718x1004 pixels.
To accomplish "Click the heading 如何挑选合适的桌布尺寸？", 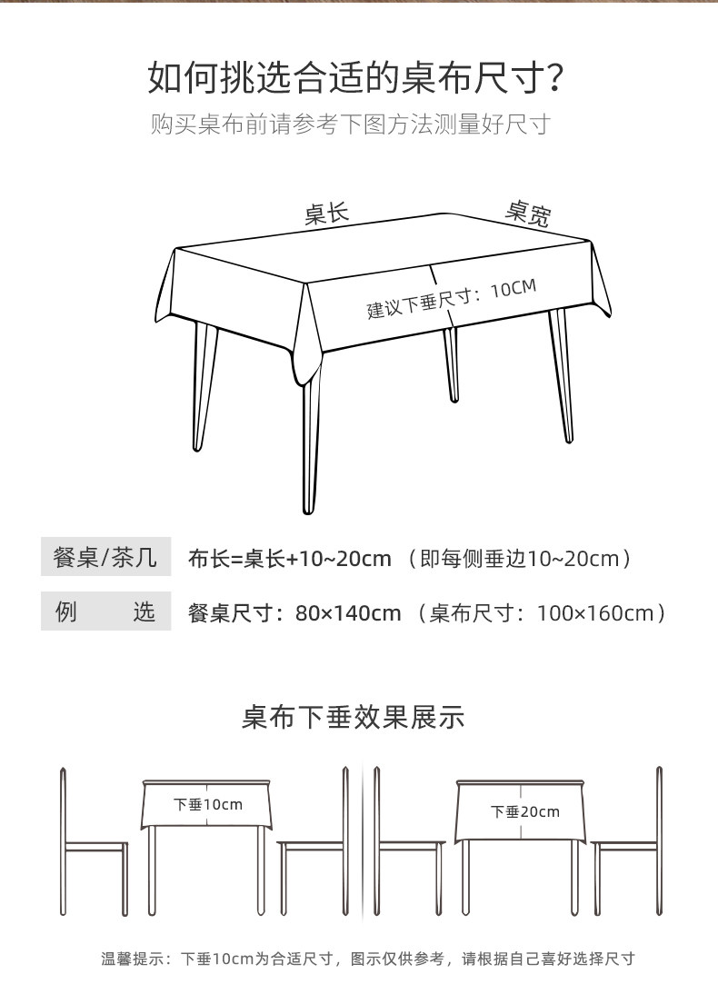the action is click(358, 80).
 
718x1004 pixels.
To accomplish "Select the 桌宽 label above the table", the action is click(528, 214).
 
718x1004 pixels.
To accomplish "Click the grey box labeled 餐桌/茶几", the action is click(105, 557).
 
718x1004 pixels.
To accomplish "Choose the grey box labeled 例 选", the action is click(105, 611).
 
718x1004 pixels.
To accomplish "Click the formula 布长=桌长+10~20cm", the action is click(289, 558).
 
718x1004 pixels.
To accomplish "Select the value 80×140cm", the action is click(348, 613).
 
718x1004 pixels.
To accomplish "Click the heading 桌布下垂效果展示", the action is click(353, 718).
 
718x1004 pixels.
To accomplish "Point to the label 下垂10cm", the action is click(208, 805).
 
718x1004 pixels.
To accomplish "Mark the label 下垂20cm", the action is click(525, 811).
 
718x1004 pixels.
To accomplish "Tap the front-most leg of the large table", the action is click(311, 445).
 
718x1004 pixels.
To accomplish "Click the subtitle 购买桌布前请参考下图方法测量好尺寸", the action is click(351, 124).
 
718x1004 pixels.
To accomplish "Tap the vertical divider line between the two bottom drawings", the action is click(363, 840).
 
